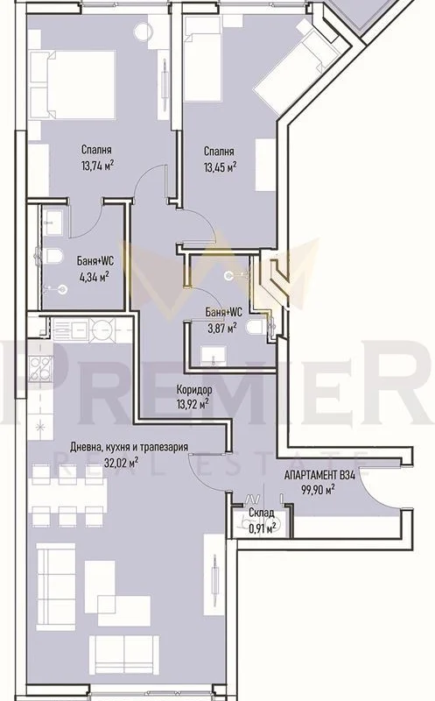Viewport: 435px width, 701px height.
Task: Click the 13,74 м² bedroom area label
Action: (96, 166)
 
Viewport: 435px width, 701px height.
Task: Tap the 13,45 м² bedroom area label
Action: (221, 167)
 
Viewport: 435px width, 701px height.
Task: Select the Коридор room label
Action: (193, 390)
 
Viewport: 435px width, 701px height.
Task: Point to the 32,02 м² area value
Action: (121, 464)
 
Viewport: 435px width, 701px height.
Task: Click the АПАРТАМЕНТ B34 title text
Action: (319, 475)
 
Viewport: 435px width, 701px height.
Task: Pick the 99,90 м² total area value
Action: (319, 491)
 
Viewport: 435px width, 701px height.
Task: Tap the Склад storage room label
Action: (262, 513)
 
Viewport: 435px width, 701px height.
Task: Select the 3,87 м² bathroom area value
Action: (221, 329)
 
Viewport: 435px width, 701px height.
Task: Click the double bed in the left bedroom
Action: (73, 84)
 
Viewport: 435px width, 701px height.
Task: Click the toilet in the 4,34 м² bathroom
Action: (53, 256)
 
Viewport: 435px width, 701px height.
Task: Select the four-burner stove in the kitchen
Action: (40, 369)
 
